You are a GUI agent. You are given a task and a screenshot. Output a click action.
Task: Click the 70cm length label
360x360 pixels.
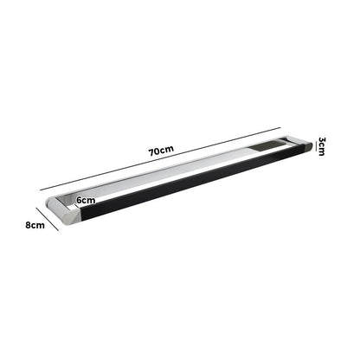[161, 151]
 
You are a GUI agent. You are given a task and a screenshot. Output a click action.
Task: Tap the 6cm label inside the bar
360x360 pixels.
[86, 200]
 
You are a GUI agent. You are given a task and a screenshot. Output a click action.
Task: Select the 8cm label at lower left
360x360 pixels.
[34, 225]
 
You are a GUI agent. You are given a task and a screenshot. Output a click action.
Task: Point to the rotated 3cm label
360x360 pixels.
[321, 146]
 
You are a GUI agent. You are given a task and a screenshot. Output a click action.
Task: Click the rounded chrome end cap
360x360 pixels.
[64, 211]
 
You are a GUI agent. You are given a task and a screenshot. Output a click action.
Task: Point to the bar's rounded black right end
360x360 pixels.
[305, 147]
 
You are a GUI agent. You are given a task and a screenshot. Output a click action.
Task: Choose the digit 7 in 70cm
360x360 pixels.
[152, 151]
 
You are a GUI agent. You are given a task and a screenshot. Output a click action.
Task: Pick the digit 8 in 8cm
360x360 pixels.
[28, 225]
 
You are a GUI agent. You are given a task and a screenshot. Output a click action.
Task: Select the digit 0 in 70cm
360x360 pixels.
[158, 151]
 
